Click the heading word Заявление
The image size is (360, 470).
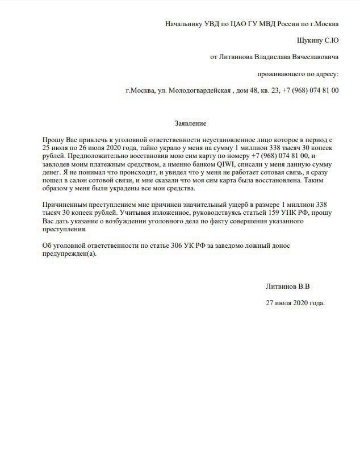click(x=190, y=123)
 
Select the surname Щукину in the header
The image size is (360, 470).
click(x=309, y=41)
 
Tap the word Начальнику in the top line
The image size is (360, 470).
click(x=183, y=24)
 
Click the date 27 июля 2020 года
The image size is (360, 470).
click(x=295, y=303)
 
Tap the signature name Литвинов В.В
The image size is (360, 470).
click(x=288, y=286)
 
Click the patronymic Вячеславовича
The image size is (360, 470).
click(x=307, y=57)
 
